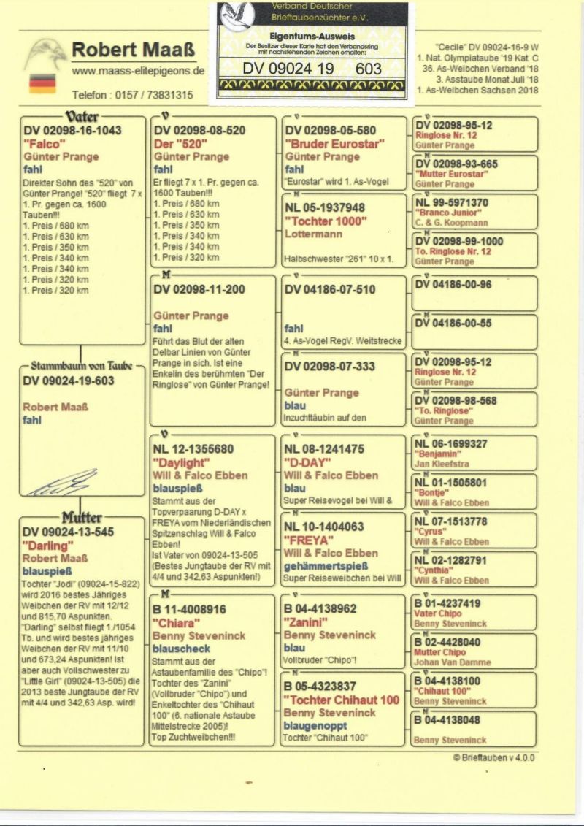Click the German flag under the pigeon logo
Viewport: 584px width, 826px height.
[42, 83]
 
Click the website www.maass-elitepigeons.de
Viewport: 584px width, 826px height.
[138, 72]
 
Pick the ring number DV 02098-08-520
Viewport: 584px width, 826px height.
[199, 131]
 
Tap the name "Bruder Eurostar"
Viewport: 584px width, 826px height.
[334, 144]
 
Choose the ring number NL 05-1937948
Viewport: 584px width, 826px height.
[325, 208]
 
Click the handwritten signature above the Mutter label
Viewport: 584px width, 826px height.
[64, 483]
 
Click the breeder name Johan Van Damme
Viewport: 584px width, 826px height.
[452, 662]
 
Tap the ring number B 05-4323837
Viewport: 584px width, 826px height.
[330, 687]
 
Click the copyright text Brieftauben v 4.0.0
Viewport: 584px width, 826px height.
[493, 757]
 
